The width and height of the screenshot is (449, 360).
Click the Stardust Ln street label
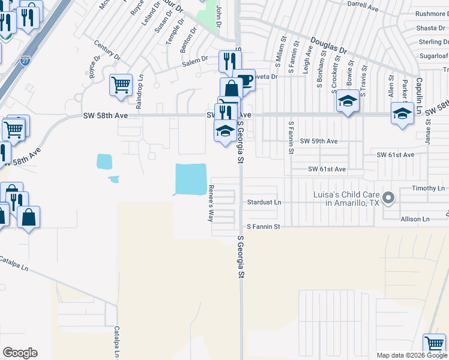pos(264,203)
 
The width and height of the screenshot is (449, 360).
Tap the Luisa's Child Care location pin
pos(388,197)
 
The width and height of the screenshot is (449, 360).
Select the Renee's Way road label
pos(211,203)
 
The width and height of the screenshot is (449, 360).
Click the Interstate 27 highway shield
pos(25,61)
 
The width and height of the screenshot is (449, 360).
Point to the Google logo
pos(20,353)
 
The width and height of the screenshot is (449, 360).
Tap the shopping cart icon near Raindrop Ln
pos(121,85)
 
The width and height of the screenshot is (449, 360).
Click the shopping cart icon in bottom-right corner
pos(434,344)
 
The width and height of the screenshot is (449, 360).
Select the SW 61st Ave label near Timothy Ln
pos(396,155)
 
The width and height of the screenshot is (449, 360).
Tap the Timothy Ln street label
pos(429,188)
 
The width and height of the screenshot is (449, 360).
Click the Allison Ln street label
pos(417,220)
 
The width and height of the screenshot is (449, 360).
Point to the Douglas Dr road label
pos(329,46)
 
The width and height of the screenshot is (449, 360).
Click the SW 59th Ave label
pos(319,141)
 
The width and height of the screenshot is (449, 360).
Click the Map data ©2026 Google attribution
pos(411,355)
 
